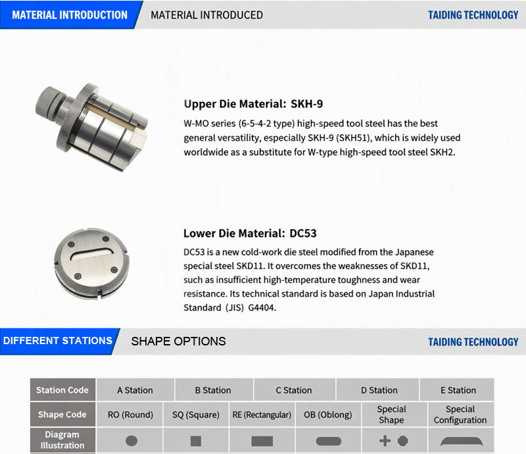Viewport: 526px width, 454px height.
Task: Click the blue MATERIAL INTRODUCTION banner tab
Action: [x=70, y=14]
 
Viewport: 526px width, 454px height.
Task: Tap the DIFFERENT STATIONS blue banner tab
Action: [x=58, y=341]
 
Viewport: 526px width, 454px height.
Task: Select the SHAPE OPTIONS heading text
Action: [x=178, y=341]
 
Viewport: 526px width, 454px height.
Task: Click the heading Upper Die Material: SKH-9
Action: [x=253, y=104]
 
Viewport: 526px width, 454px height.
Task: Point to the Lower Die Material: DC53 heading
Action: [x=250, y=233]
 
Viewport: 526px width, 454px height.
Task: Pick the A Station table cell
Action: [x=135, y=390]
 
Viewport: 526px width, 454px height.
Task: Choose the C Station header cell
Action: [x=294, y=390]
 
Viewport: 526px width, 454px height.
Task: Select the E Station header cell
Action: [x=458, y=390]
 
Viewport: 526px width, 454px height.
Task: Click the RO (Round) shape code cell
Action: [x=130, y=415]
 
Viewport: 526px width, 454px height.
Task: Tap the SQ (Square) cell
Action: [x=196, y=415]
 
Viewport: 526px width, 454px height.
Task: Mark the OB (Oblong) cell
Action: [x=328, y=415]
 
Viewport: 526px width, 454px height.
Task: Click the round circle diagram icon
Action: [x=131, y=441]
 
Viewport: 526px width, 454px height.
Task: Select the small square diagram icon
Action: [x=196, y=441]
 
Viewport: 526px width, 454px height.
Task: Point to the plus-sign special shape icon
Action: [x=385, y=441]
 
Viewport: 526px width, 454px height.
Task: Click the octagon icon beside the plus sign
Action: [x=403, y=441]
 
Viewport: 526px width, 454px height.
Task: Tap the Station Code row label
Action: [x=62, y=390]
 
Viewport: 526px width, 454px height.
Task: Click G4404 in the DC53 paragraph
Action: [x=262, y=307]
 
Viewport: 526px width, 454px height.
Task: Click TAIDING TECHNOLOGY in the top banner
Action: [x=473, y=15]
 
